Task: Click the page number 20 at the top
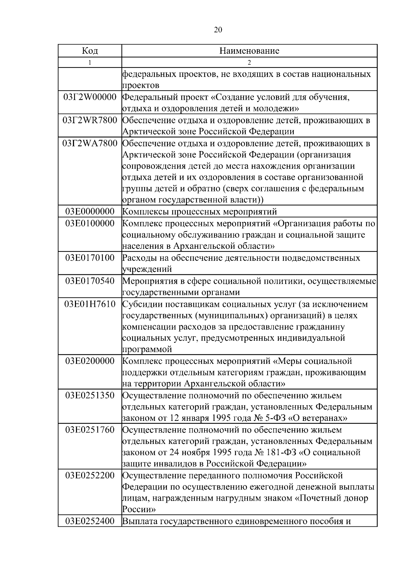click(x=218, y=30)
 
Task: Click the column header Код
click(x=90, y=51)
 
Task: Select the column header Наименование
click(x=249, y=51)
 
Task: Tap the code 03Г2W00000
click(x=90, y=97)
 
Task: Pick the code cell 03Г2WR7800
click(x=90, y=120)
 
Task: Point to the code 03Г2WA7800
click(x=90, y=144)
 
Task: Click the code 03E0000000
click(x=90, y=212)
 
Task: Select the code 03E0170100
click(x=90, y=258)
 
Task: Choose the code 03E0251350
click(x=90, y=396)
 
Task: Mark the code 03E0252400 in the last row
click(x=90, y=521)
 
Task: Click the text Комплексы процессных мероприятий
click(x=199, y=212)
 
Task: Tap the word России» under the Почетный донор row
click(x=139, y=510)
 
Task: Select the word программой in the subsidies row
click(x=147, y=350)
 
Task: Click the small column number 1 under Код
click(x=90, y=62)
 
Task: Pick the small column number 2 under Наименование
click(x=249, y=62)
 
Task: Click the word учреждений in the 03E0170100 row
click(x=147, y=270)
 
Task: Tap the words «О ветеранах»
click(x=317, y=418)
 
